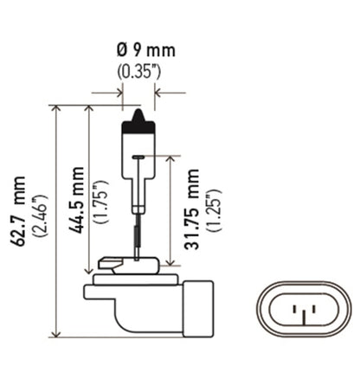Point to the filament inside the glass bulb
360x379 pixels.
138,157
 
